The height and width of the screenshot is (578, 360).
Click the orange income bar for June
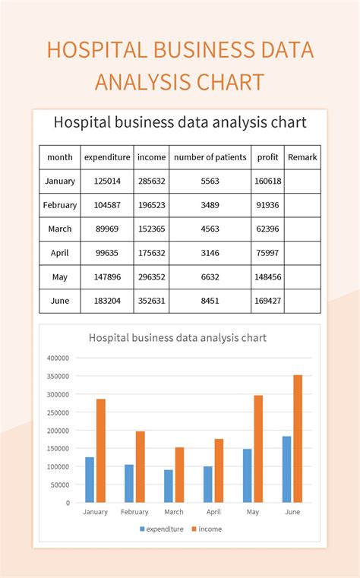click(x=298, y=438)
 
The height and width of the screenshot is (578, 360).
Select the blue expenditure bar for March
click(x=169, y=486)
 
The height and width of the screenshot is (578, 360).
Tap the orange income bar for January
click(x=101, y=450)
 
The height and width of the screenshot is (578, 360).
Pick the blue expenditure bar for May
click(x=248, y=475)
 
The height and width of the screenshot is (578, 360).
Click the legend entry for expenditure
click(x=161, y=529)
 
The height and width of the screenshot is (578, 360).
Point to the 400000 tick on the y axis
click(x=58, y=358)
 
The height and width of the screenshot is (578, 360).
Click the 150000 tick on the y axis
click(x=58, y=448)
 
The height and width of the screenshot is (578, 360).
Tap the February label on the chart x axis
click(x=134, y=512)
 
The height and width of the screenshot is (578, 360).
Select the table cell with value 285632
click(x=151, y=181)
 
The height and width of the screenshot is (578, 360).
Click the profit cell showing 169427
click(x=267, y=301)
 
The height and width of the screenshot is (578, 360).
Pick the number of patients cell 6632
click(x=210, y=277)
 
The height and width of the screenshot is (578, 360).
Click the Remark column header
click(x=302, y=157)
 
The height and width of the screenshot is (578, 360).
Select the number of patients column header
click(x=210, y=157)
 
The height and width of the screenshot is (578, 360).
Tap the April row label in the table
click(x=60, y=253)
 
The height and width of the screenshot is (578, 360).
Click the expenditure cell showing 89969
click(x=107, y=229)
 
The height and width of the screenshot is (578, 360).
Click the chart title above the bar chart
click(x=178, y=337)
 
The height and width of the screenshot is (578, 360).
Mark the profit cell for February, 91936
click(x=267, y=205)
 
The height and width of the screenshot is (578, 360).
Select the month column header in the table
click(x=60, y=157)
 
